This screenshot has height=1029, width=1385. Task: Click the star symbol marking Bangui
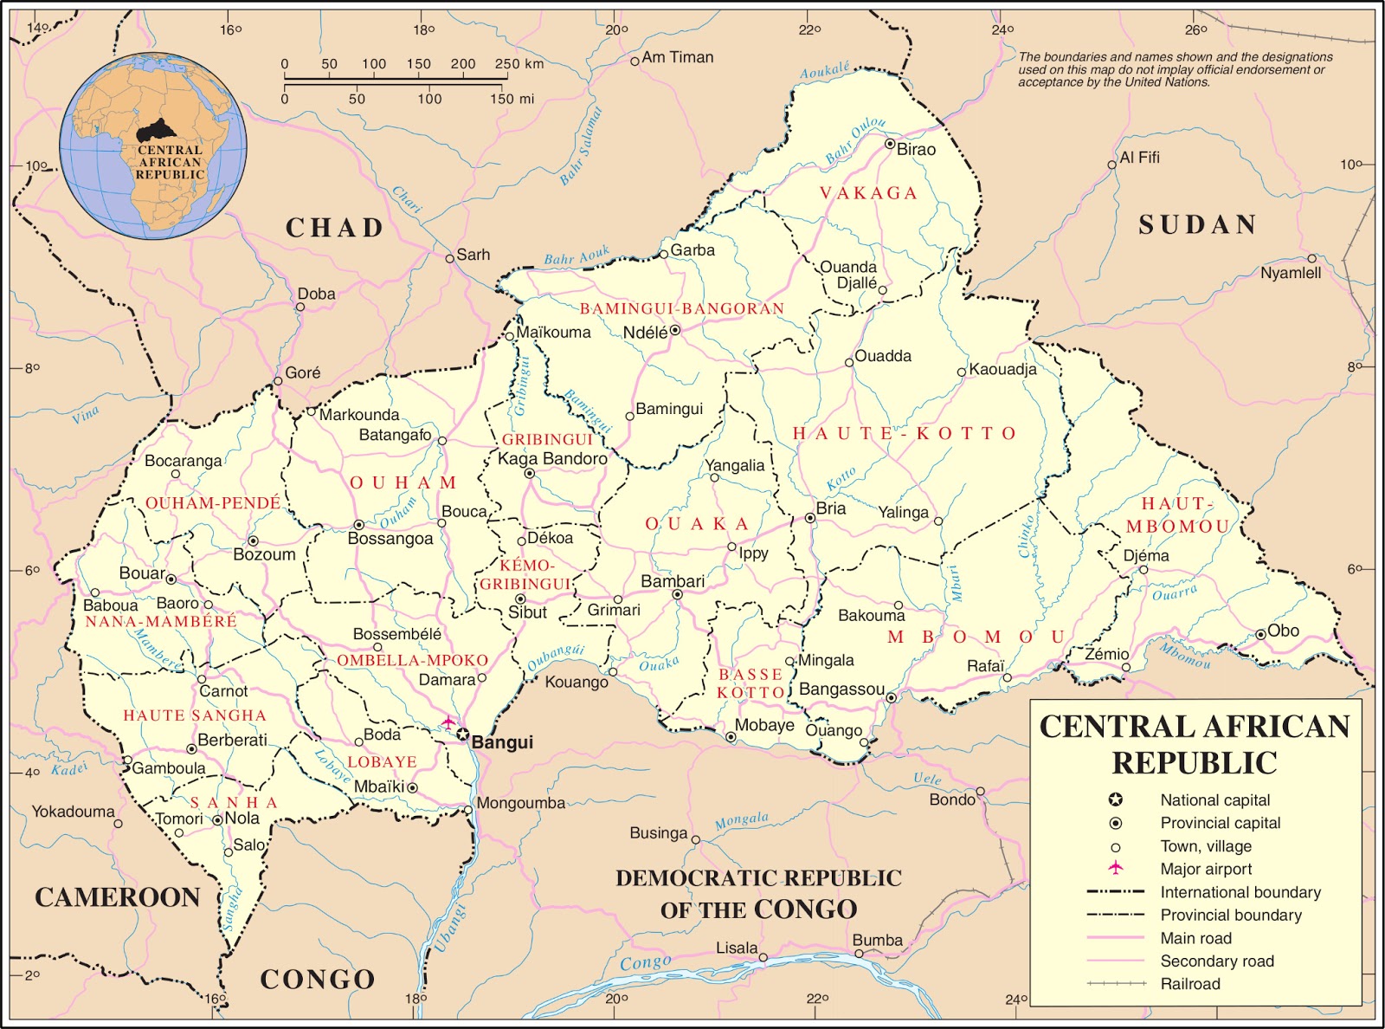coord(463,735)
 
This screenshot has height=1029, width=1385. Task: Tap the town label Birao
coord(916,149)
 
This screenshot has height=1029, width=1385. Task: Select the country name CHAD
coord(335,228)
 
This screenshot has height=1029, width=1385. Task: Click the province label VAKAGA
coord(868,193)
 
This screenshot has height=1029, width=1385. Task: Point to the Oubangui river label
coord(557,657)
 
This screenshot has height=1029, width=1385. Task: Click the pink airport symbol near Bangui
coord(448,721)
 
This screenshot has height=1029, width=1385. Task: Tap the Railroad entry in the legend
coord(1190,984)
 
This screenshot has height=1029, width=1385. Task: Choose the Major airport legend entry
coord(1206,869)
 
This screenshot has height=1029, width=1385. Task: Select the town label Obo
coord(1283,631)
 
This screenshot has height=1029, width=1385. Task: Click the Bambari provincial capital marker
coord(677,594)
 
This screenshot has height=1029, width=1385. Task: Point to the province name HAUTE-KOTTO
coord(905,433)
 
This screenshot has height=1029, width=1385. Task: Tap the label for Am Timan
coord(678,57)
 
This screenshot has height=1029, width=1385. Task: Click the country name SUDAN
coord(1197,225)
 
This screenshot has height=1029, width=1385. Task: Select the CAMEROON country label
coord(118,897)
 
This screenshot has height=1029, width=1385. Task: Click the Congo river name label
coord(645,963)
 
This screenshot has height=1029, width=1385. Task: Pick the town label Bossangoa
coord(390,539)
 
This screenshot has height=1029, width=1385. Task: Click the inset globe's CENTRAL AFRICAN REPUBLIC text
coord(170,162)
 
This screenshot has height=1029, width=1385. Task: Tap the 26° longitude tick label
coord(1196,30)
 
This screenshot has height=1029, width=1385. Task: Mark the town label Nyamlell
coord(1290,273)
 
